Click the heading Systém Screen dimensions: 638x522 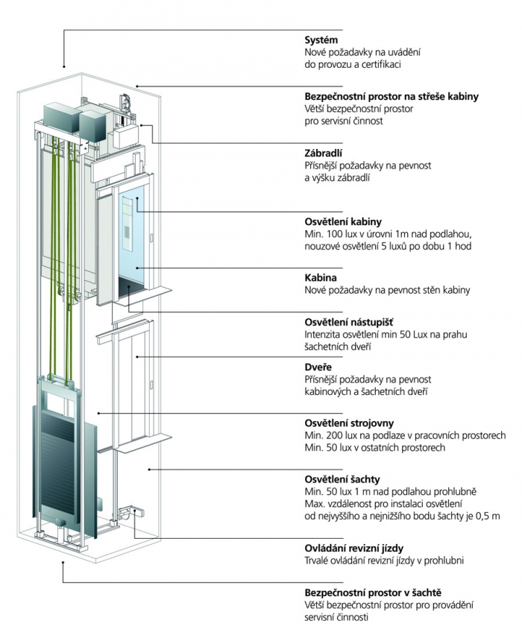tap(322, 40)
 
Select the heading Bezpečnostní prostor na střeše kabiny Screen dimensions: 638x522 tap(391, 96)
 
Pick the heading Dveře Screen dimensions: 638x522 tap(320, 367)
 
